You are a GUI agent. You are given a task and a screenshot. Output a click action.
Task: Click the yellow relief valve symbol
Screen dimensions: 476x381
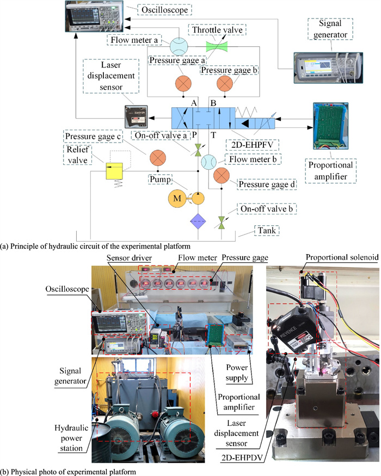click(x=114, y=172)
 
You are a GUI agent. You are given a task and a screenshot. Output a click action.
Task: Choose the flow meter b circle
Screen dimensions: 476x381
click(x=208, y=162)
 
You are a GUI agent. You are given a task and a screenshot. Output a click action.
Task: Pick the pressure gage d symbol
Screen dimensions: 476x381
click(x=222, y=176)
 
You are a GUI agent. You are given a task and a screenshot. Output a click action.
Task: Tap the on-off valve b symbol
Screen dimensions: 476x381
click(x=222, y=221)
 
